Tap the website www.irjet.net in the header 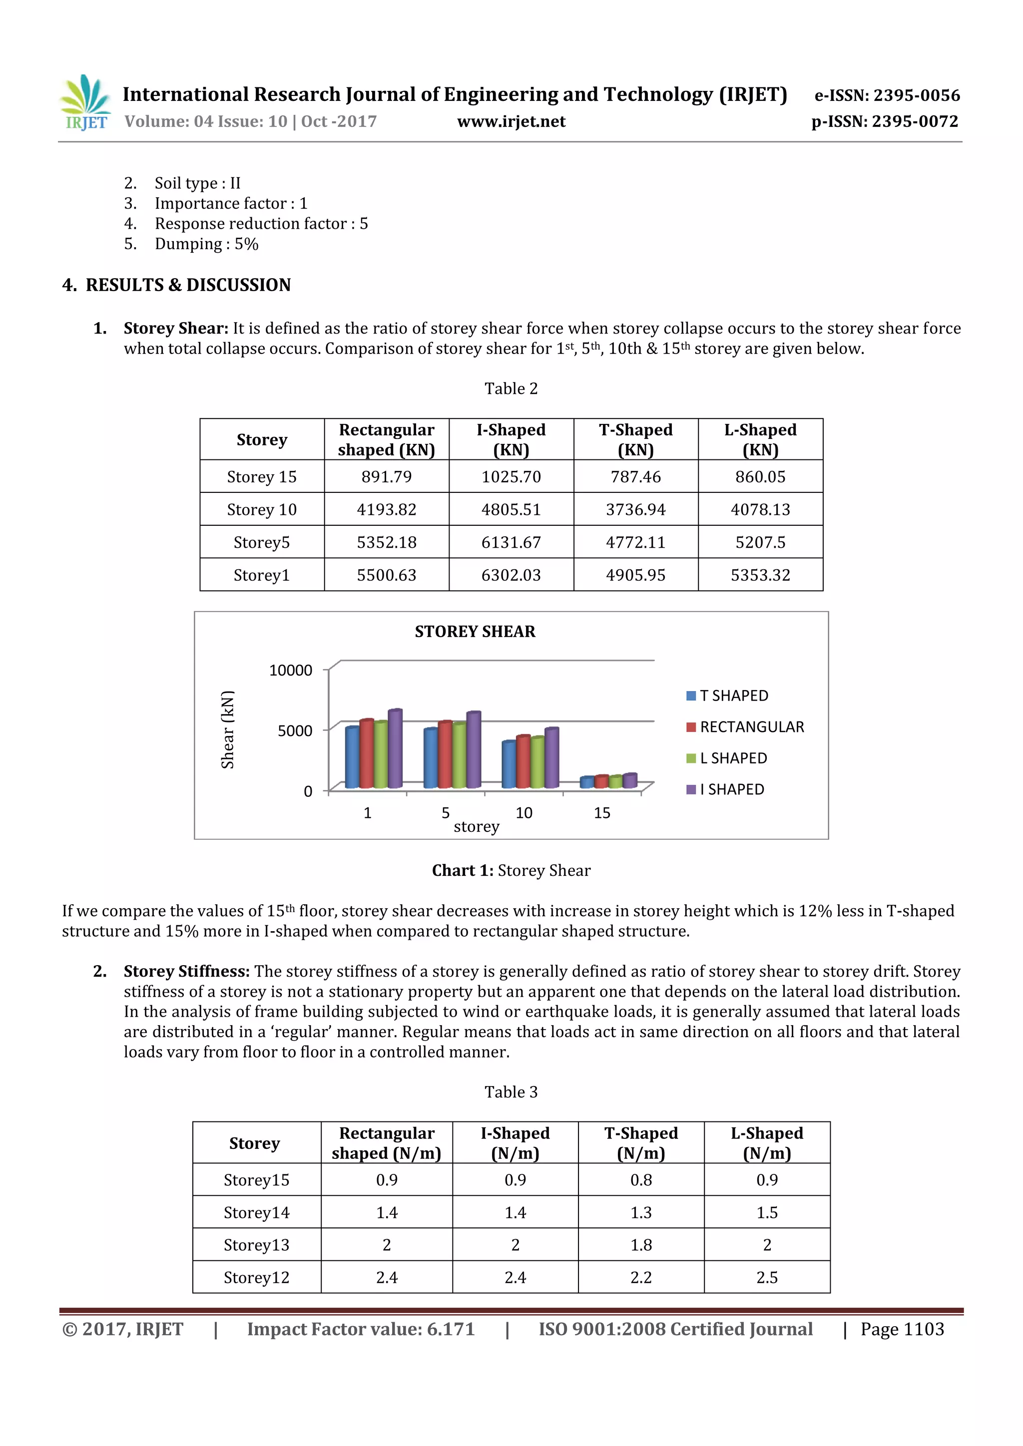pyautogui.click(x=511, y=121)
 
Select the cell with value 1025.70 pyautogui.click(x=511, y=477)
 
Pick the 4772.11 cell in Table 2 pyautogui.click(x=635, y=542)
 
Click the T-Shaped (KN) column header pyautogui.click(x=635, y=439)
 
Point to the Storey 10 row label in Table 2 pyautogui.click(x=261, y=509)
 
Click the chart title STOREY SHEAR pyautogui.click(x=475, y=632)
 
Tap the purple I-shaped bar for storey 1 pyautogui.click(x=395, y=749)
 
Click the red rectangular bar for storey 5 pyautogui.click(x=445, y=755)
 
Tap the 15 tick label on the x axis pyautogui.click(x=601, y=813)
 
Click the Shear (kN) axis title pyautogui.click(x=227, y=729)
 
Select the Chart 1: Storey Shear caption pyautogui.click(x=511, y=870)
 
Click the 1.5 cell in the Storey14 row pyautogui.click(x=767, y=1212)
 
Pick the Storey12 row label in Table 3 pyautogui.click(x=256, y=1278)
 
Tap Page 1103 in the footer pyautogui.click(x=902, y=1329)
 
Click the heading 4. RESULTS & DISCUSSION pyautogui.click(x=176, y=285)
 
